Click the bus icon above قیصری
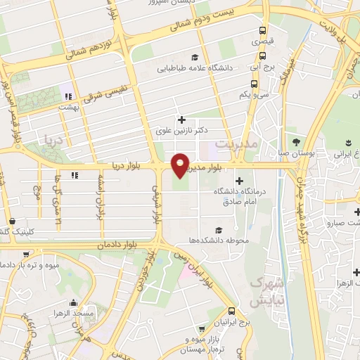point(262,31)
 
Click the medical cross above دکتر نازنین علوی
point(182,120)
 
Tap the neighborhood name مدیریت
point(257,143)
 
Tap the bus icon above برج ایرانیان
point(231,311)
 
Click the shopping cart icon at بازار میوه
point(202,329)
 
